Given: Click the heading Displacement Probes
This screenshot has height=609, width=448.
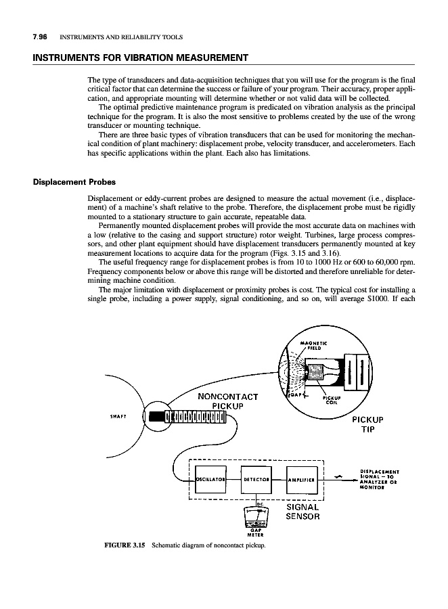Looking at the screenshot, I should click(72, 182).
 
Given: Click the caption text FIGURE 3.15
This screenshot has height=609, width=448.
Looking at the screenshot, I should click(125, 544).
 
